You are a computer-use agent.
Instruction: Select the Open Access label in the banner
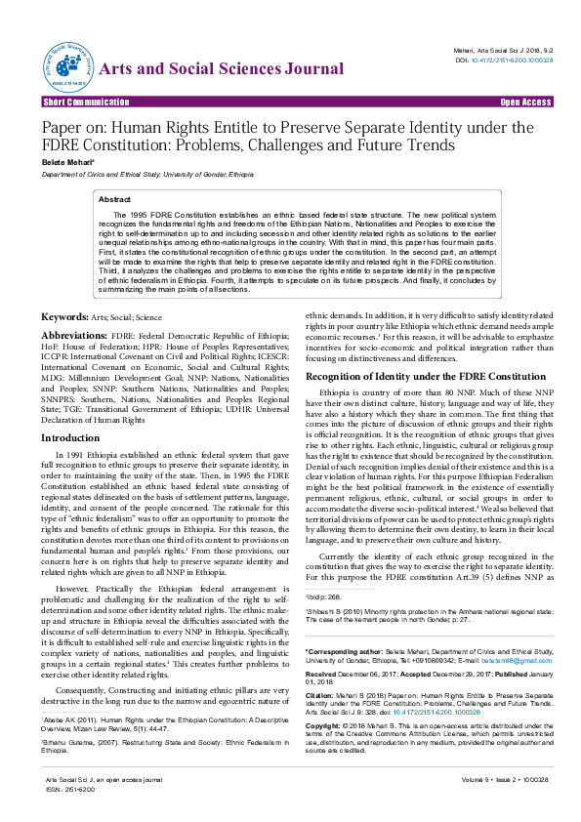525,102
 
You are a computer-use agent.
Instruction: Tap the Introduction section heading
69,438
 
